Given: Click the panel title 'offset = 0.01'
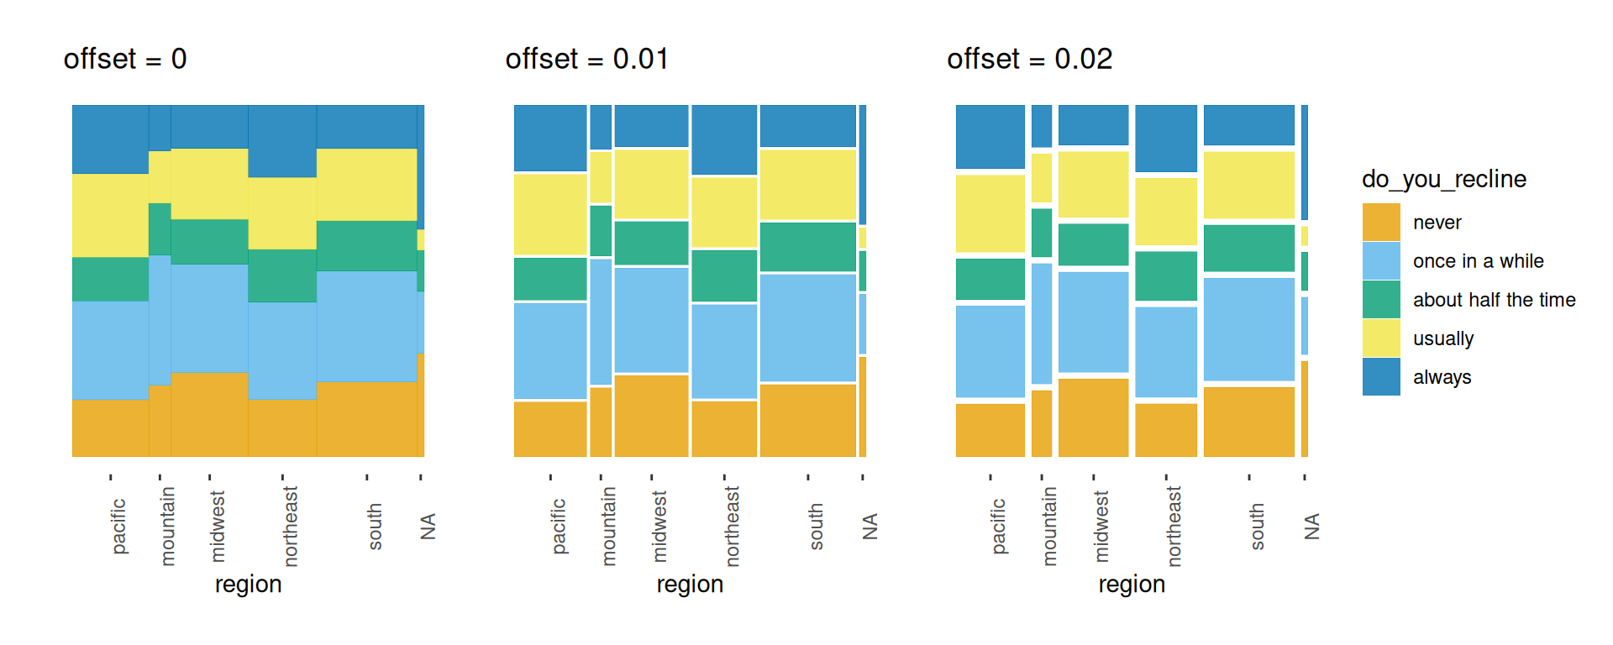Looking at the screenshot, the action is pos(586,59).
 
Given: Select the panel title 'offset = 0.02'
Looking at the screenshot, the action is pos(1029,59).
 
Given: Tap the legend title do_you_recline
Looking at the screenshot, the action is pos(1443,179).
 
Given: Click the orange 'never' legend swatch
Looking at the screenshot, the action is pos(1381,223).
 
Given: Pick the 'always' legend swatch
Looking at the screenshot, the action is pos(1381,377).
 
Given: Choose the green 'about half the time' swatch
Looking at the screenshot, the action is pos(1381,300).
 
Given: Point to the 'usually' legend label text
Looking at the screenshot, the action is pos(1443,338).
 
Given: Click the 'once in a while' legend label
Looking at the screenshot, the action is pos(1478,261).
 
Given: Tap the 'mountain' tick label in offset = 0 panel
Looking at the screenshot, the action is pos(167,527).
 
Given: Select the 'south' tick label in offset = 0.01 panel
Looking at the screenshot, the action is pos(816,527).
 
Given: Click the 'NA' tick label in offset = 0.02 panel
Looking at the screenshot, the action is pos(1311,527).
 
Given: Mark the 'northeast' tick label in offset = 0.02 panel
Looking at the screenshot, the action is pos(1174,527).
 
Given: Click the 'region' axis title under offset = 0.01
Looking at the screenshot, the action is pos(690,584).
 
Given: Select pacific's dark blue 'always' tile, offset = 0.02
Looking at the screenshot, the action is pos(990,137).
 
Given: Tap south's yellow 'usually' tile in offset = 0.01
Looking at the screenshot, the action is pos(808,185).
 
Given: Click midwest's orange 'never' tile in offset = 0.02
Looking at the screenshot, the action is pos(1093,417).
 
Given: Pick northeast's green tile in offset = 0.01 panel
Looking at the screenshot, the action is pos(724,275).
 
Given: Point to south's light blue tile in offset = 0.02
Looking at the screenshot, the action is pos(1249,329).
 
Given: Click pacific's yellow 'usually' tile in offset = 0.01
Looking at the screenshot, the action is pos(550,214).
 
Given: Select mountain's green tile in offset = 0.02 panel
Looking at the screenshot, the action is pos(1042,233).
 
